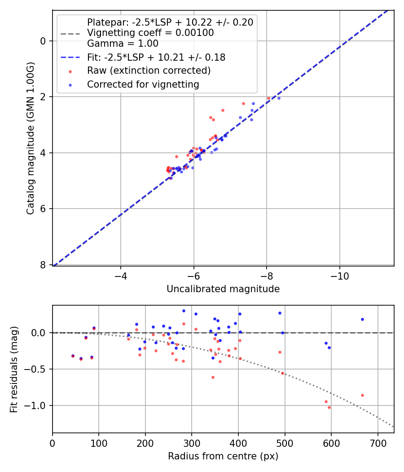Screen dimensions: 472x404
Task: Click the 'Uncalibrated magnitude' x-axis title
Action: point(223,289)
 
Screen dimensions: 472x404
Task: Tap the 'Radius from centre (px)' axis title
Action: point(223,456)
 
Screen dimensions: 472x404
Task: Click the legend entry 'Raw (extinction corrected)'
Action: point(149,71)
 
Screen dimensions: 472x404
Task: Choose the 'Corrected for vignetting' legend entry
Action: point(143,84)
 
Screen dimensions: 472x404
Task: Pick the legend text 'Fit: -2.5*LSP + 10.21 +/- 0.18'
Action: point(156,57)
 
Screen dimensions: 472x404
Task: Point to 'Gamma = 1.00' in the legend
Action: point(123,44)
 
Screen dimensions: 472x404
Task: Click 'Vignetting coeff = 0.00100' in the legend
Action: point(150,33)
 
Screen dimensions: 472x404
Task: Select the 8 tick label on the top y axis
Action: point(43,265)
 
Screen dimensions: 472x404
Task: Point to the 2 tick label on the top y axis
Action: point(43,97)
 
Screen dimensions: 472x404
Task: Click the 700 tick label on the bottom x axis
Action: point(378,443)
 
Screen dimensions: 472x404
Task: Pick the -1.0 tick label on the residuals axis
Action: point(37,405)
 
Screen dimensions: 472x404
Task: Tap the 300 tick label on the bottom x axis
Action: point(192,443)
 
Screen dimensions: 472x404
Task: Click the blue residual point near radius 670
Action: point(362,319)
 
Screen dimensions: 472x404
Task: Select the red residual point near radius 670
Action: point(362,395)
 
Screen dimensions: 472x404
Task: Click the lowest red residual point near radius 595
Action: point(329,407)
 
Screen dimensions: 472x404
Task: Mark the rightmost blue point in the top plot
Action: point(279,98)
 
